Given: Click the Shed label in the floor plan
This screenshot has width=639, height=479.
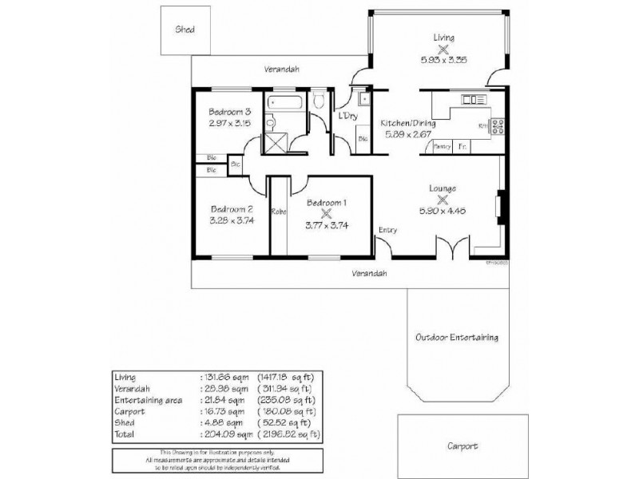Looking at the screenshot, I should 185,30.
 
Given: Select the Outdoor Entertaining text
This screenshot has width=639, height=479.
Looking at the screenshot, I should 457,338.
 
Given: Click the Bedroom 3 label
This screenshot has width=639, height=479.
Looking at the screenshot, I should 230,112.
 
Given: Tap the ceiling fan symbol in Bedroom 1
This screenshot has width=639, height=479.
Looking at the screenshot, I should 324,213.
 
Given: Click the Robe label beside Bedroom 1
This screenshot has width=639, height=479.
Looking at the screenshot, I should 279,212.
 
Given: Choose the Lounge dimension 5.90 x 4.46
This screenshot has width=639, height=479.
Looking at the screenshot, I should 442,212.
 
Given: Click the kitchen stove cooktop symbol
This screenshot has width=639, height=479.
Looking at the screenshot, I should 497,125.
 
